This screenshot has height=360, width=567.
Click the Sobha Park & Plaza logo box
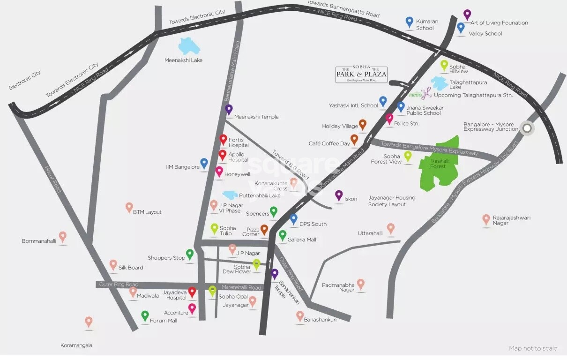(361, 75)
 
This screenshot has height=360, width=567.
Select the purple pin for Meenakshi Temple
(229, 110)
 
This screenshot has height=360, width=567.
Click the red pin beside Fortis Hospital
(224, 140)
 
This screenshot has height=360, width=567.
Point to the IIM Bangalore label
(183, 167)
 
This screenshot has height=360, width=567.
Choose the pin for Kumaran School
(410, 22)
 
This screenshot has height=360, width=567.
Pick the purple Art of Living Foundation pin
(467, 15)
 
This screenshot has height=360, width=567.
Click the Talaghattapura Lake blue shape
(440, 83)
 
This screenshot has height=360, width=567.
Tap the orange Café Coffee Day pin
(354, 139)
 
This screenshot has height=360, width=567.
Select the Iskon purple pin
(339, 195)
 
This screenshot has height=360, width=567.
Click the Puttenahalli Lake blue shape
(231, 195)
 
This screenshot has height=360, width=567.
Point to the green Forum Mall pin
(145, 315)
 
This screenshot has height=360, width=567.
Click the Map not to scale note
(533, 348)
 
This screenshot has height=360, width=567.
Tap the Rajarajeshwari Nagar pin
(486, 219)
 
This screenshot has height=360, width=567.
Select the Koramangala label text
(76, 345)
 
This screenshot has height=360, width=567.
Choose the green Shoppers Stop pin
(190, 254)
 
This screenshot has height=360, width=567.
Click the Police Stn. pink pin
(389, 119)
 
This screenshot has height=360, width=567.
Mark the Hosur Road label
(52, 179)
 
